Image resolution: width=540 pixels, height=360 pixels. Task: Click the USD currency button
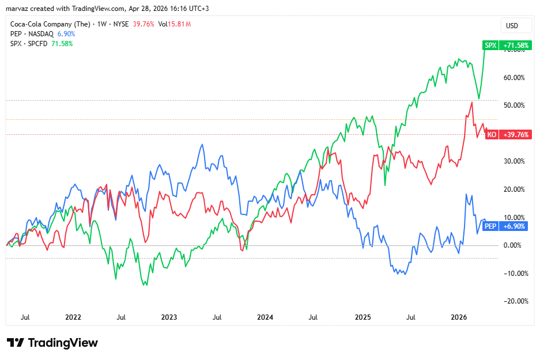pos(512,26)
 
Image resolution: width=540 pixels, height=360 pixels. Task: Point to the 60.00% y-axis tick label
pos(513,78)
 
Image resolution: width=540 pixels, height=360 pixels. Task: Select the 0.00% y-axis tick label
pos(515,245)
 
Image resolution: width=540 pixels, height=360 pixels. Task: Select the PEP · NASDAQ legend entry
pos(32,34)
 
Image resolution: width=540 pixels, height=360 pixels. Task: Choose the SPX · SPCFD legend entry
pos(30,44)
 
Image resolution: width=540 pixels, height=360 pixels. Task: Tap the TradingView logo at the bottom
pos(52,343)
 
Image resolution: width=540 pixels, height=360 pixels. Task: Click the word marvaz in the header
pos(17,9)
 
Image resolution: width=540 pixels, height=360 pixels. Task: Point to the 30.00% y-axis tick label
pos(513,161)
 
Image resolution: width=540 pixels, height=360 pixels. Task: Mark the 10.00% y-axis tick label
pos(513,217)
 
